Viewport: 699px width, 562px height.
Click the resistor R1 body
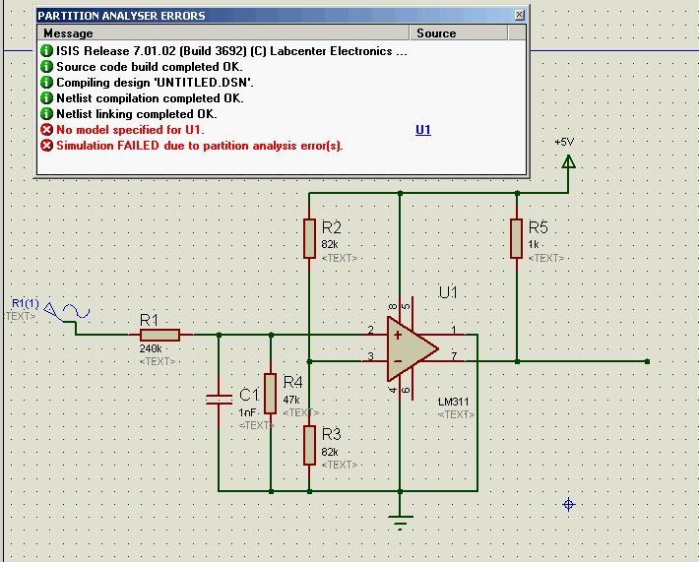tap(159, 335)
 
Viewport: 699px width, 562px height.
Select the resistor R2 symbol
tap(309, 237)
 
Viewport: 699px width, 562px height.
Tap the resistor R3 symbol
tap(309, 445)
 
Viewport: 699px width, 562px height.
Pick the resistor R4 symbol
tap(270, 393)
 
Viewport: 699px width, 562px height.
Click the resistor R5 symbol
tap(515, 237)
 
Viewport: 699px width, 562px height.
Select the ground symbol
tap(400, 521)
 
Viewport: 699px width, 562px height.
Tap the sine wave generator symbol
tap(74, 313)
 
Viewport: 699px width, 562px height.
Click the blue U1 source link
tap(423, 130)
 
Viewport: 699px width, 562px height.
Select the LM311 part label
tap(457, 402)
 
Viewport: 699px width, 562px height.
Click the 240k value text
tap(152, 348)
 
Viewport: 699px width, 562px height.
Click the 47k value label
tap(291, 400)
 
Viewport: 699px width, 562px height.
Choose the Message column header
tap(69, 32)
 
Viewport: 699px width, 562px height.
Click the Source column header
tap(436, 32)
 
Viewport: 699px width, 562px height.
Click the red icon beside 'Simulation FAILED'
tap(46, 146)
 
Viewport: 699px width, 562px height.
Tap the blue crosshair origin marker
tap(568, 505)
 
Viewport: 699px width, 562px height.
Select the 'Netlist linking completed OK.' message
tap(136, 114)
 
